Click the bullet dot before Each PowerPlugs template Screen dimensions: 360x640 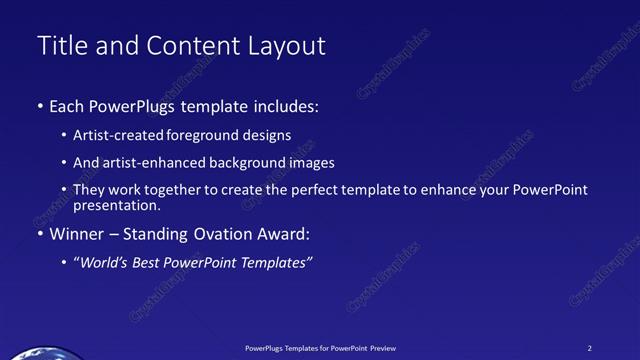coord(39,106)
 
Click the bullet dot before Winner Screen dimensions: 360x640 coord(39,235)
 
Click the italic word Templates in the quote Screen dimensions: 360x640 coord(280,263)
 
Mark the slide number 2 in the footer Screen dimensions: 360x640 coord(590,348)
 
